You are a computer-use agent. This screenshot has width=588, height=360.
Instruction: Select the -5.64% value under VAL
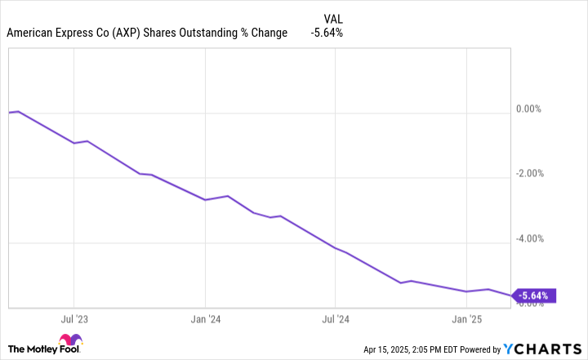(327, 33)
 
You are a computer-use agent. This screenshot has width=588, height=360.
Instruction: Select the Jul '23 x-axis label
(73, 320)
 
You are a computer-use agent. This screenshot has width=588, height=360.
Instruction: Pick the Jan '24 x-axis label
(205, 320)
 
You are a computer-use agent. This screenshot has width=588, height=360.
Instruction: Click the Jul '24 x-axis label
(336, 320)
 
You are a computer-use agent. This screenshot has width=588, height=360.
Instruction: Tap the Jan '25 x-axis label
(465, 320)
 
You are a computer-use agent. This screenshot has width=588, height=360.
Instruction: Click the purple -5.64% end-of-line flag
(536, 296)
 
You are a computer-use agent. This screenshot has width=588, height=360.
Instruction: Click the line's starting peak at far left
(18, 111)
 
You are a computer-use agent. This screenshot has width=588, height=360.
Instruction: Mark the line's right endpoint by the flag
(513, 295)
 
